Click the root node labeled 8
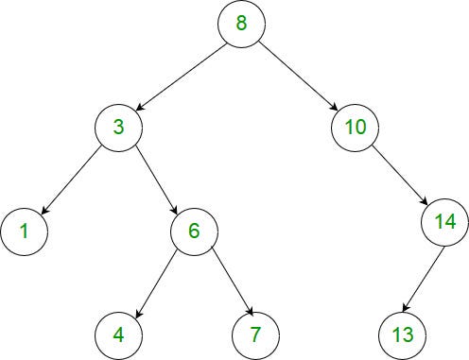[x=241, y=24]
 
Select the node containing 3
[x=118, y=128]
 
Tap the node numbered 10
[x=355, y=128]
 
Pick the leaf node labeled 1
[x=24, y=231]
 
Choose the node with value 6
[x=194, y=231]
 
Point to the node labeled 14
[x=445, y=222]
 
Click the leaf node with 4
[x=118, y=335]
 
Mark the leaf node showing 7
[x=255, y=335]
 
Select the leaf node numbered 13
[x=403, y=335]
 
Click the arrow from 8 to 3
[x=182, y=77]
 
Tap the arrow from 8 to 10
[x=299, y=77]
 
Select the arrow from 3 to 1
[x=71, y=180]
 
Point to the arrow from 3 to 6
[x=157, y=180]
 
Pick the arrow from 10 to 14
[x=399, y=175]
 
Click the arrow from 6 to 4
[x=155, y=284]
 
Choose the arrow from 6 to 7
[x=233, y=282]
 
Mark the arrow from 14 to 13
[x=424, y=279]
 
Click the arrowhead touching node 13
[x=406, y=308]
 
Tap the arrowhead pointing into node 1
[x=44, y=211]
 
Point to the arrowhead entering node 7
[x=251, y=311]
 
